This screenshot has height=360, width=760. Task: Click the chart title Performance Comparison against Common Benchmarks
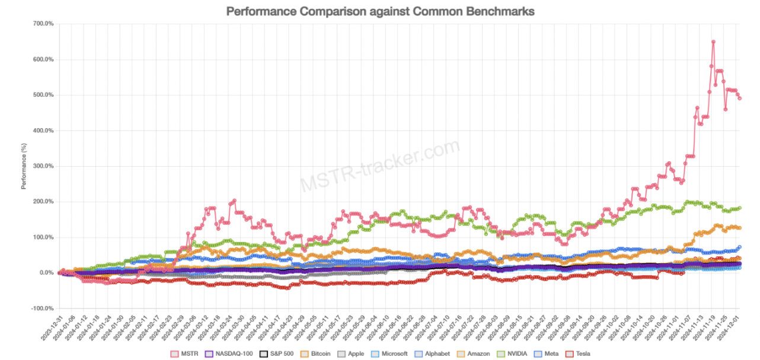tap(380, 11)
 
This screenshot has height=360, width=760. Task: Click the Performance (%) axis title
tap(24, 166)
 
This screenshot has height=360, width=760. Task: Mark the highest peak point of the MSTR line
tap(713, 42)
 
